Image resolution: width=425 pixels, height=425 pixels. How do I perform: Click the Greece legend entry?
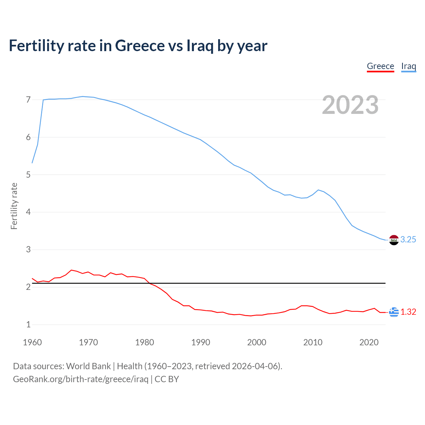(380, 66)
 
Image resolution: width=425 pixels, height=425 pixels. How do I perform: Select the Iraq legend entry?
(408, 66)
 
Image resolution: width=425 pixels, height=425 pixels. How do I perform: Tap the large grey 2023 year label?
(350, 105)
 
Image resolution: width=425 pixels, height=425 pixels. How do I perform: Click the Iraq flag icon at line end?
(394, 240)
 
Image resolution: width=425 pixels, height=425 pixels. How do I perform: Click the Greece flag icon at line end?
(394, 312)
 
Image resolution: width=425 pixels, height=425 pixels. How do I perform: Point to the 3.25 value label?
(408, 240)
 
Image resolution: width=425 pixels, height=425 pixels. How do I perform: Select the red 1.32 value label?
(408, 312)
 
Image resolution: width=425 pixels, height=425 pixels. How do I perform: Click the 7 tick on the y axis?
(28, 100)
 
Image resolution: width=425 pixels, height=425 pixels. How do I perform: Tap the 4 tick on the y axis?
(28, 212)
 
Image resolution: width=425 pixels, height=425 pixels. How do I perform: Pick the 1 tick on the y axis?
(28, 324)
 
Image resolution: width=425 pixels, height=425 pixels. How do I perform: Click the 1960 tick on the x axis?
(32, 342)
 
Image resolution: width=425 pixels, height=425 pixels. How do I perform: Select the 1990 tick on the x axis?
(201, 342)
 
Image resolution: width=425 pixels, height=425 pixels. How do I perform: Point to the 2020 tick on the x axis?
(369, 342)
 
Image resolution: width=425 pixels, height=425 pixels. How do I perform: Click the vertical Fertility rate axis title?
(14, 206)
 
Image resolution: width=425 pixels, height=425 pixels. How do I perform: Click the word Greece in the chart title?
(139, 45)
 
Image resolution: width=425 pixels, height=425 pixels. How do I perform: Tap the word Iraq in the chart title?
(200, 45)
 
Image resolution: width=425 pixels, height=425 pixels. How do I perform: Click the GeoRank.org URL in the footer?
(81, 379)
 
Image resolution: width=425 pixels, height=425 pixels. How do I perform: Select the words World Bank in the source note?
(88, 366)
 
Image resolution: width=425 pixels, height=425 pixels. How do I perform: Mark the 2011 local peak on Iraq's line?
(318, 190)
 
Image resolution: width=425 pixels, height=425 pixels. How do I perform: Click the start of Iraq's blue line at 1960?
(32, 163)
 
